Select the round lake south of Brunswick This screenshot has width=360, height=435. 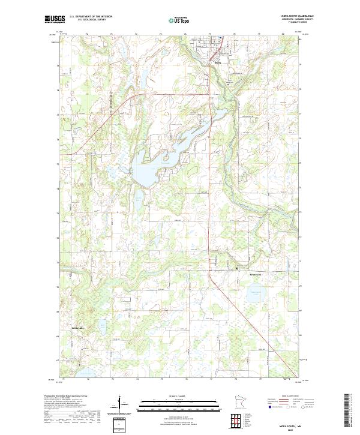256,295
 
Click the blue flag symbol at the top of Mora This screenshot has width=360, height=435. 220,38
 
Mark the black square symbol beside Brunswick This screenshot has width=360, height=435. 237,268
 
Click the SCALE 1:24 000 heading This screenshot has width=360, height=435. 179,395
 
